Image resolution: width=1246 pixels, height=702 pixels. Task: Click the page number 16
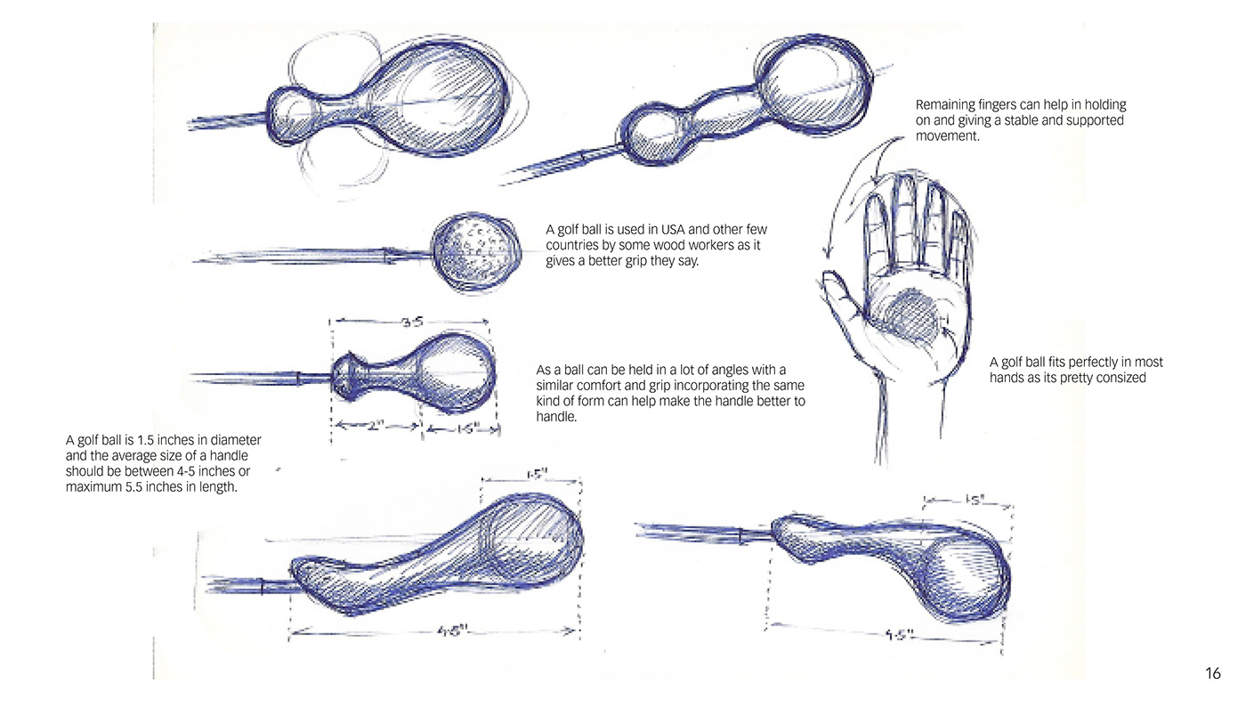1213,673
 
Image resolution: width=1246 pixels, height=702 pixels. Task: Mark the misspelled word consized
1115,378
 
